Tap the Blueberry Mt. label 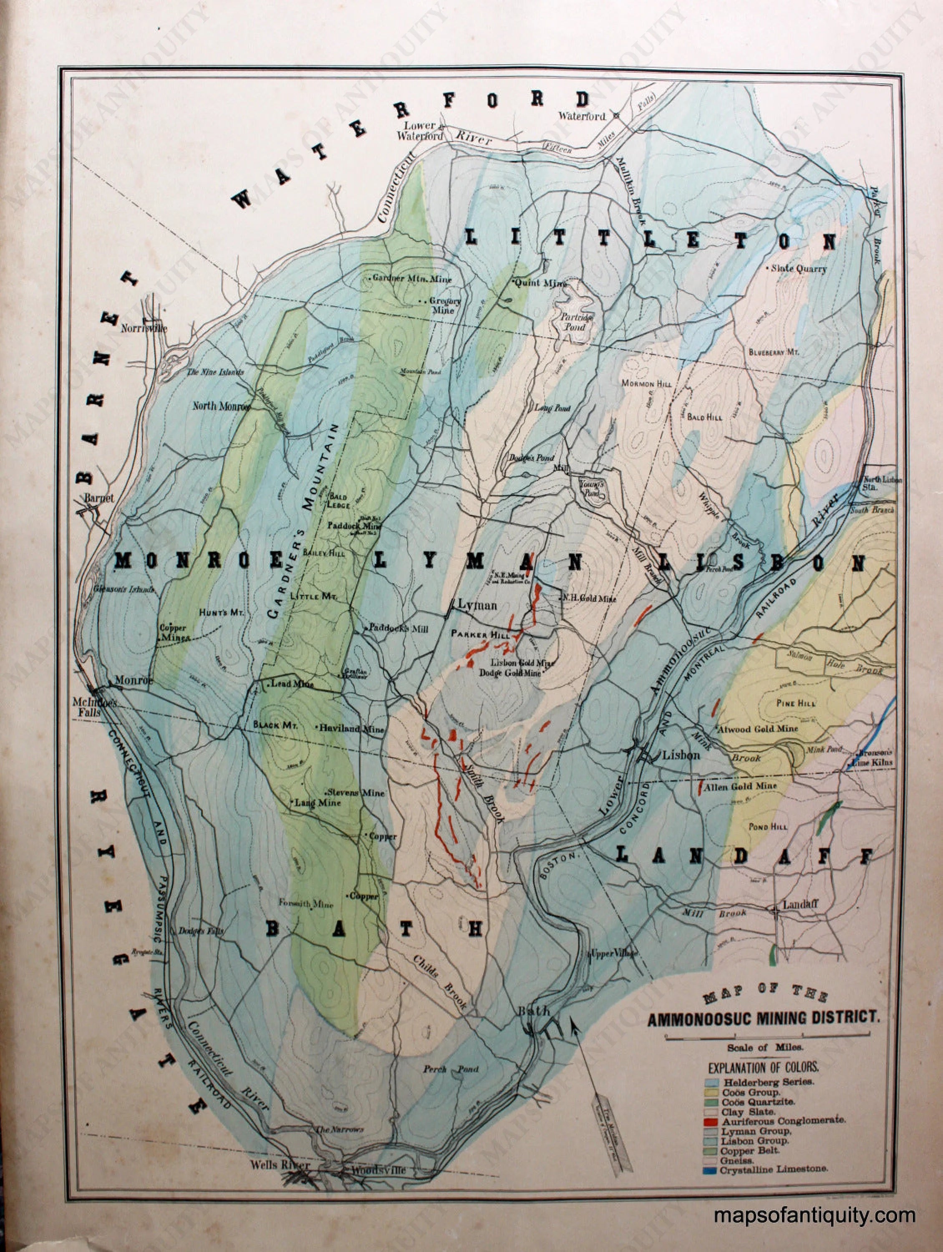pos(773,352)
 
